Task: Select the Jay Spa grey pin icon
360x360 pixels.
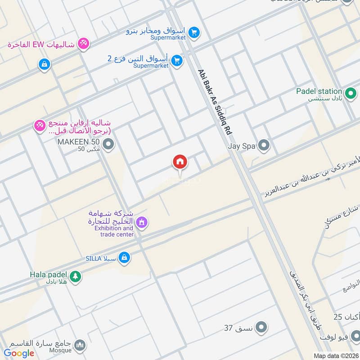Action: pyautogui.click(x=264, y=145)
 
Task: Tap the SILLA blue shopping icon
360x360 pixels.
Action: pyautogui.click(x=125, y=258)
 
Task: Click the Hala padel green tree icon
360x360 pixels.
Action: pyautogui.click(x=75, y=276)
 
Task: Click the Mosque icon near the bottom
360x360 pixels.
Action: pyautogui.click(x=80, y=346)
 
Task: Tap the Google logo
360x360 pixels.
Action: pyautogui.click(x=19, y=353)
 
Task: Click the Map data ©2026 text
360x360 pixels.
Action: pyautogui.click(x=335, y=355)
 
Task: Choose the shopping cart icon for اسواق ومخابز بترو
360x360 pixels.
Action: pyautogui.click(x=194, y=32)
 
